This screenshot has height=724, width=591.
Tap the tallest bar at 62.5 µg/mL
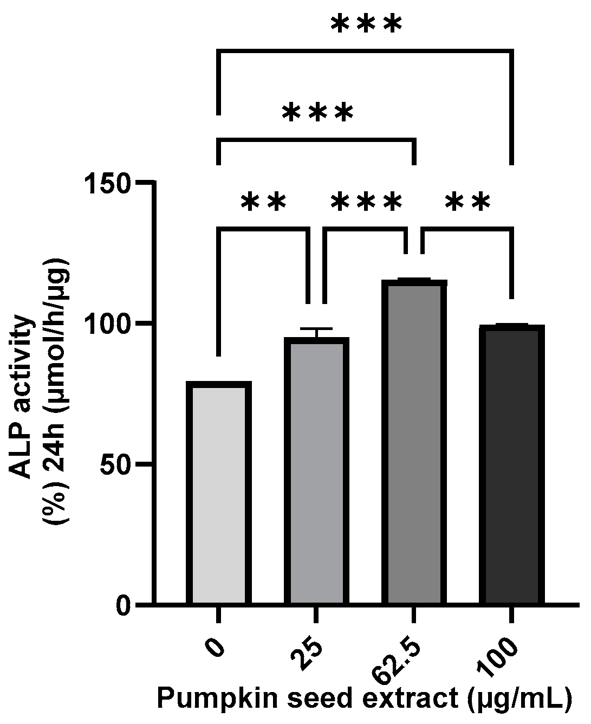(414, 442)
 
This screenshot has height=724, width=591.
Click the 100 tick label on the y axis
(108, 324)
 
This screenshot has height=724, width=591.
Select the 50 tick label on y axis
(116, 464)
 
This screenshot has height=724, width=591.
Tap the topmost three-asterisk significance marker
(367, 26)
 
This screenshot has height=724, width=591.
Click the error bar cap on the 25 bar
(316, 329)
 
